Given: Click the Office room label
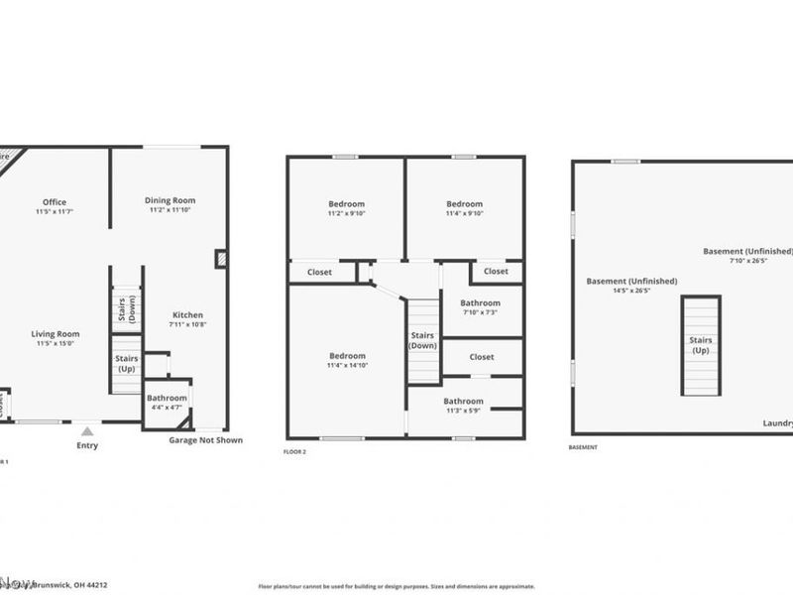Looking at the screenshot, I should [x=55, y=202].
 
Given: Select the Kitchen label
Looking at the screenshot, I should [x=187, y=315].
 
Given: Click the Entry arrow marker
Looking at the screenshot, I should [x=87, y=430].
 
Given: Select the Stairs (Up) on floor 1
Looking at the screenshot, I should [x=126, y=363].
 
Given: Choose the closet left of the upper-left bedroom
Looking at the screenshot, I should [x=319, y=271].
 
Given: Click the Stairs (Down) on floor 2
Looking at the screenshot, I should [x=423, y=340].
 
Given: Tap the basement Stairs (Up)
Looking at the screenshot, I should [x=701, y=345].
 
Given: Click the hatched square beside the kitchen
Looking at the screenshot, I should [x=220, y=259].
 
